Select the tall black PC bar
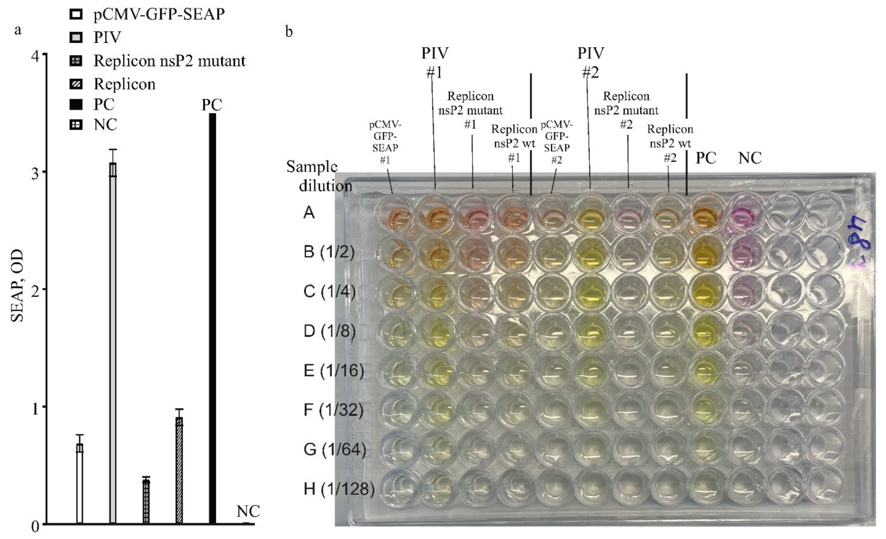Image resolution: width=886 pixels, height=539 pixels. click(x=212, y=317)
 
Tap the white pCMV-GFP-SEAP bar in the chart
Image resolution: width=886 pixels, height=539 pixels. click(x=80, y=482)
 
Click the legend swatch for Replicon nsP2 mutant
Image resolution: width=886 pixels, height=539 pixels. click(x=76, y=61)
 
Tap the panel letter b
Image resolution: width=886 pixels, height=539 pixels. click(x=289, y=32)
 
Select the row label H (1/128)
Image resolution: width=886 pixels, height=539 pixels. click(x=339, y=489)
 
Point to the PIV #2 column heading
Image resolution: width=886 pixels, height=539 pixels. click(x=590, y=63)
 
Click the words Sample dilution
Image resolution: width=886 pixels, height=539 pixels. click(x=319, y=176)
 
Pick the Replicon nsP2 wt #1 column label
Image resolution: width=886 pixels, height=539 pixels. click(x=514, y=143)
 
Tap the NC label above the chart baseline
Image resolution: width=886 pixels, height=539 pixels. click(x=248, y=511)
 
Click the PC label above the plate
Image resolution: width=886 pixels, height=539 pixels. click(x=706, y=158)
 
